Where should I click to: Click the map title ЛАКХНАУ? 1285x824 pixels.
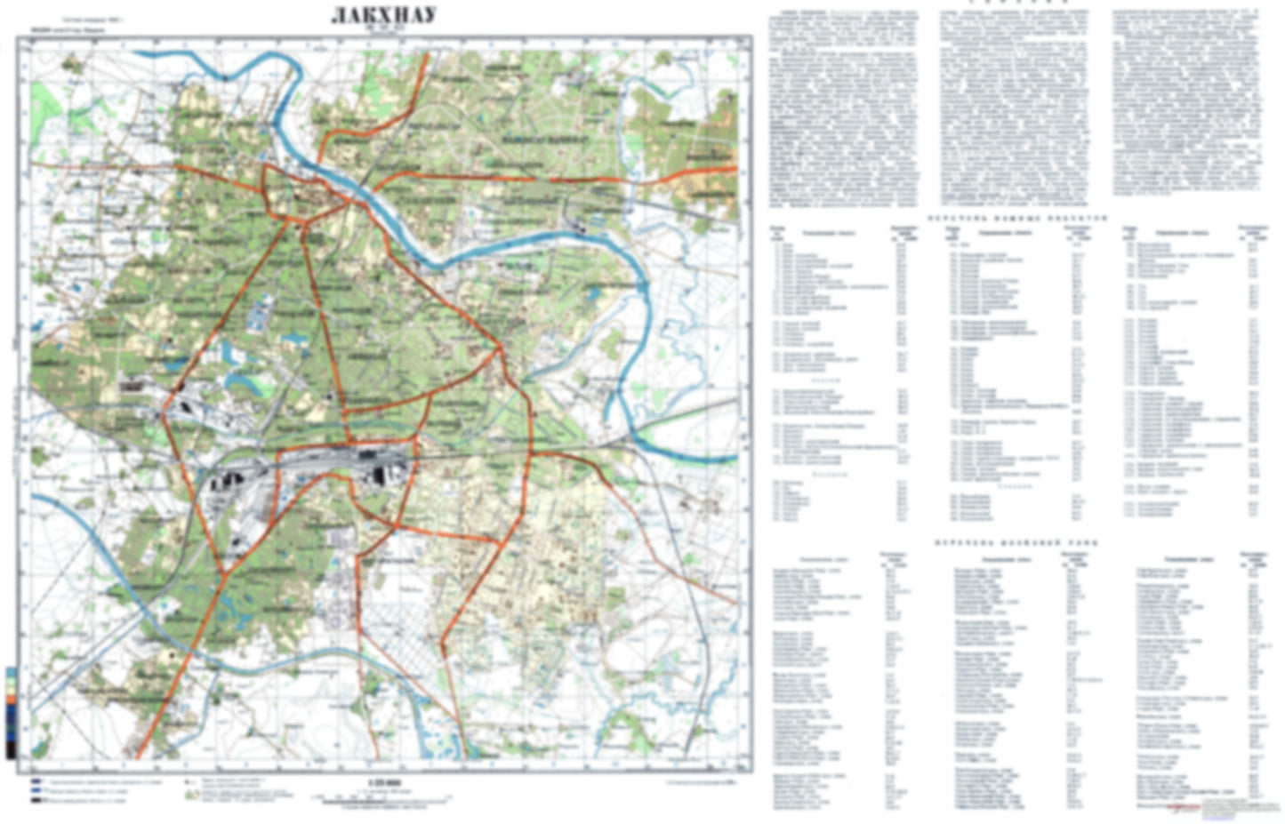tap(383, 16)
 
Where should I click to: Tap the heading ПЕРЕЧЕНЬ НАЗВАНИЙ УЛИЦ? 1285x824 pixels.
tap(1016, 541)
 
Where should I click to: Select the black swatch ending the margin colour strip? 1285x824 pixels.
tap(11, 751)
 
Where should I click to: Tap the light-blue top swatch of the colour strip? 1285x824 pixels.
tap(11, 672)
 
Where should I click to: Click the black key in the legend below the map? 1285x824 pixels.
tap(36, 800)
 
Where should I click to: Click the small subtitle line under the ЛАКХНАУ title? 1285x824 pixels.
tap(384, 28)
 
